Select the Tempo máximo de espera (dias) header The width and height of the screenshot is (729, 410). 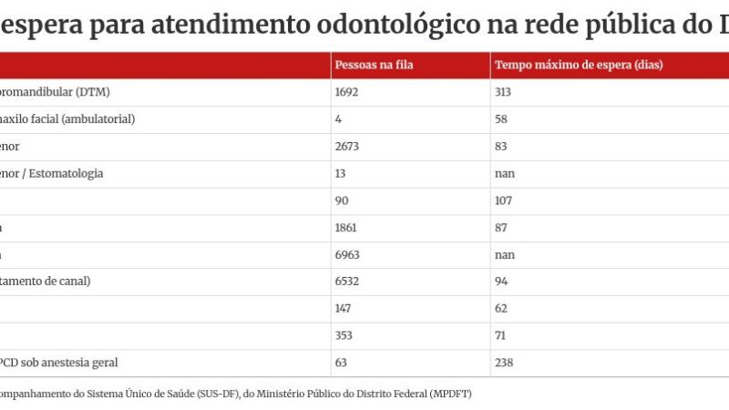[578, 66]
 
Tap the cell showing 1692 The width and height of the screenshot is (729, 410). [348, 92]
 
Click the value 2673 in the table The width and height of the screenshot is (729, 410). [348, 146]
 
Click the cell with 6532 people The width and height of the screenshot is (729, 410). [348, 282]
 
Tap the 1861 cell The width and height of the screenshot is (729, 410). [348, 227]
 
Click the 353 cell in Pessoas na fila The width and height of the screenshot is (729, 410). [345, 335]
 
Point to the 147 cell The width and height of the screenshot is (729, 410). [345, 309]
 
